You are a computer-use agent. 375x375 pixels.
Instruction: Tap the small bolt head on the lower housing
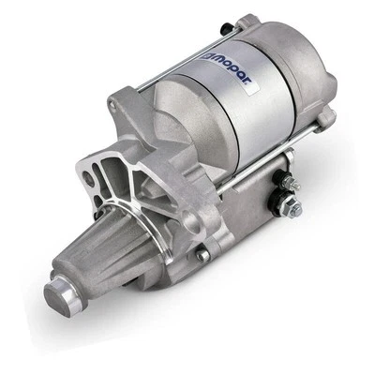[202, 254]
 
